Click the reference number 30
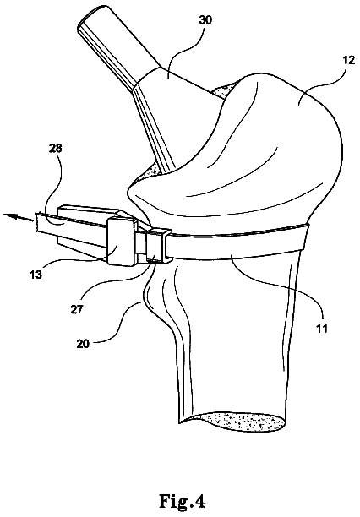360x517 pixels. (205, 20)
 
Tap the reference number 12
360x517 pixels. (348, 60)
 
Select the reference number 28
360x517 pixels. (55, 149)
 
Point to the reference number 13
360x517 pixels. (36, 274)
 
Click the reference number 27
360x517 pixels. (77, 309)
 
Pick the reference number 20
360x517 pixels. (83, 344)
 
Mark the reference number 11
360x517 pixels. (321, 328)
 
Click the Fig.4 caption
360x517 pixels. (183, 502)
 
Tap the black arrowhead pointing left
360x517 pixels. (9, 216)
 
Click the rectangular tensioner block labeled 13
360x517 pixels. (122, 242)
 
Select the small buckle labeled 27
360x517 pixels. (159, 246)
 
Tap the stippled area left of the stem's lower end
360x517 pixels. (149, 172)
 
